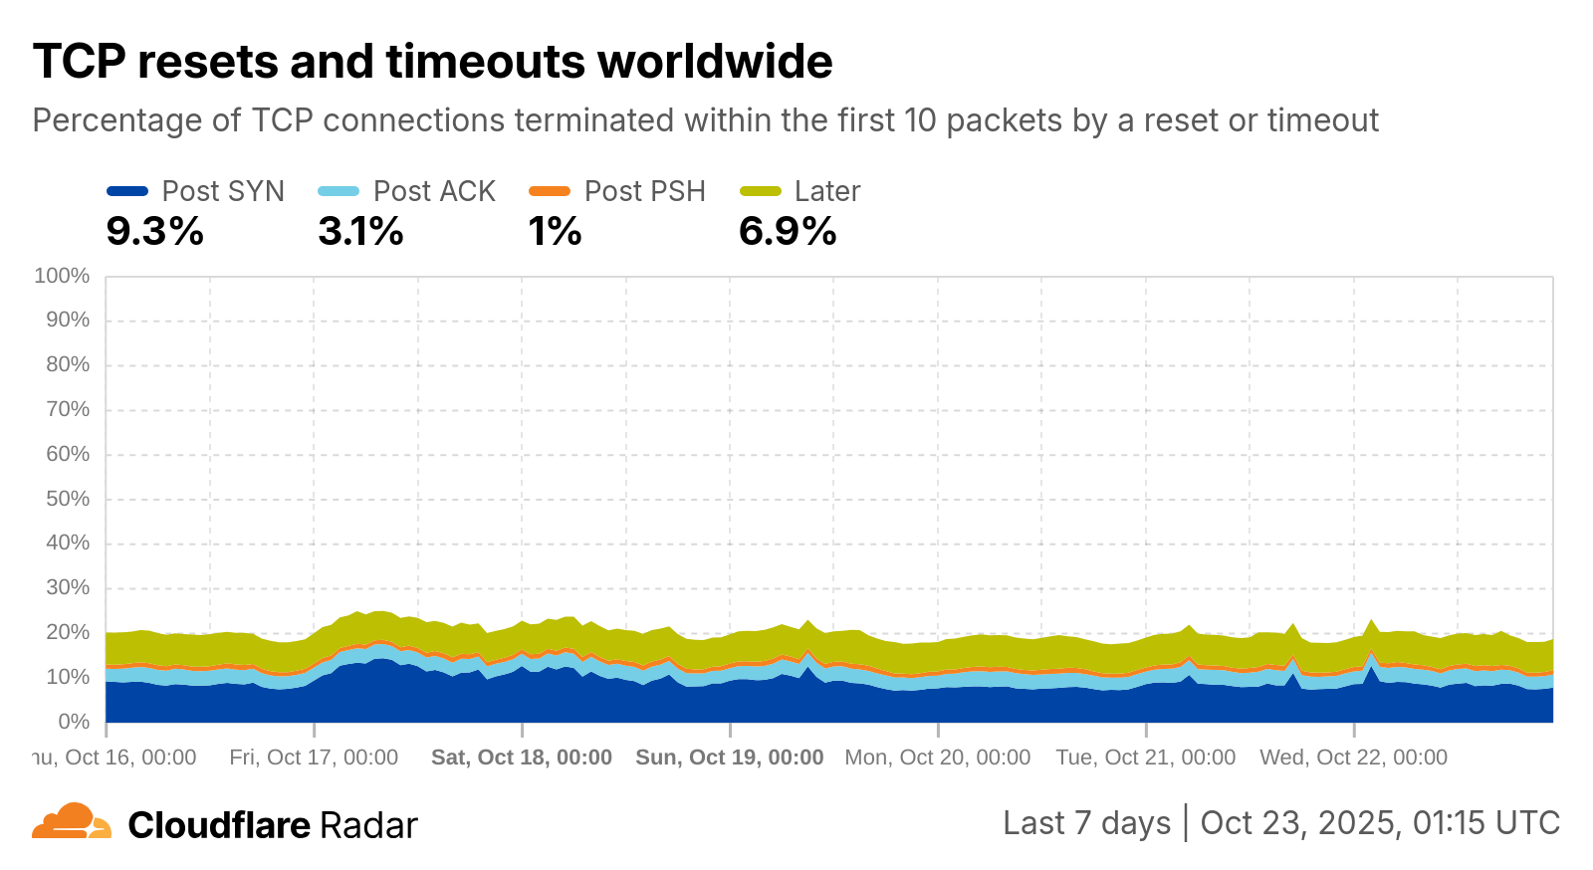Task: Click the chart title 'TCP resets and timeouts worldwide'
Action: [x=432, y=62]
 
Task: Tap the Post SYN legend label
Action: [x=223, y=191]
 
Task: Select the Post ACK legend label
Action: [x=434, y=191]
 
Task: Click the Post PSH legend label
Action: [x=644, y=191]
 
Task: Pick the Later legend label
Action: [x=826, y=191]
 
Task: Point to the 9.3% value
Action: [x=155, y=232]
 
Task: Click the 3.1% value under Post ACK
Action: [x=360, y=232]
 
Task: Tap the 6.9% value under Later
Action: [x=788, y=232]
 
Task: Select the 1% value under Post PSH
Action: [x=555, y=232]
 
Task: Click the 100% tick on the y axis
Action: [x=62, y=276]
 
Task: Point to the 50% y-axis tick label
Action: [x=67, y=499]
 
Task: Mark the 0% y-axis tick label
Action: [x=73, y=722]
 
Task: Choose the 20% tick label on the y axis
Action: [x=67, y=632]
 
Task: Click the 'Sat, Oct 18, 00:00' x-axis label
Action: [x=521, y=758]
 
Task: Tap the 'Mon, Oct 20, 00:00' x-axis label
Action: [x=937, y=758]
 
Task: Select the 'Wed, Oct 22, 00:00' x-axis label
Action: [x=1353, y=758]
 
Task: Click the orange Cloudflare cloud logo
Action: [x=72, y=822]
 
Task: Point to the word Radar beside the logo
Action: [x=368, y=825]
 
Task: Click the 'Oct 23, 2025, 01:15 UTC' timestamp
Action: [x=1380, y=823]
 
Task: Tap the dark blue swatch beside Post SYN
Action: [x=127, y=191]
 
